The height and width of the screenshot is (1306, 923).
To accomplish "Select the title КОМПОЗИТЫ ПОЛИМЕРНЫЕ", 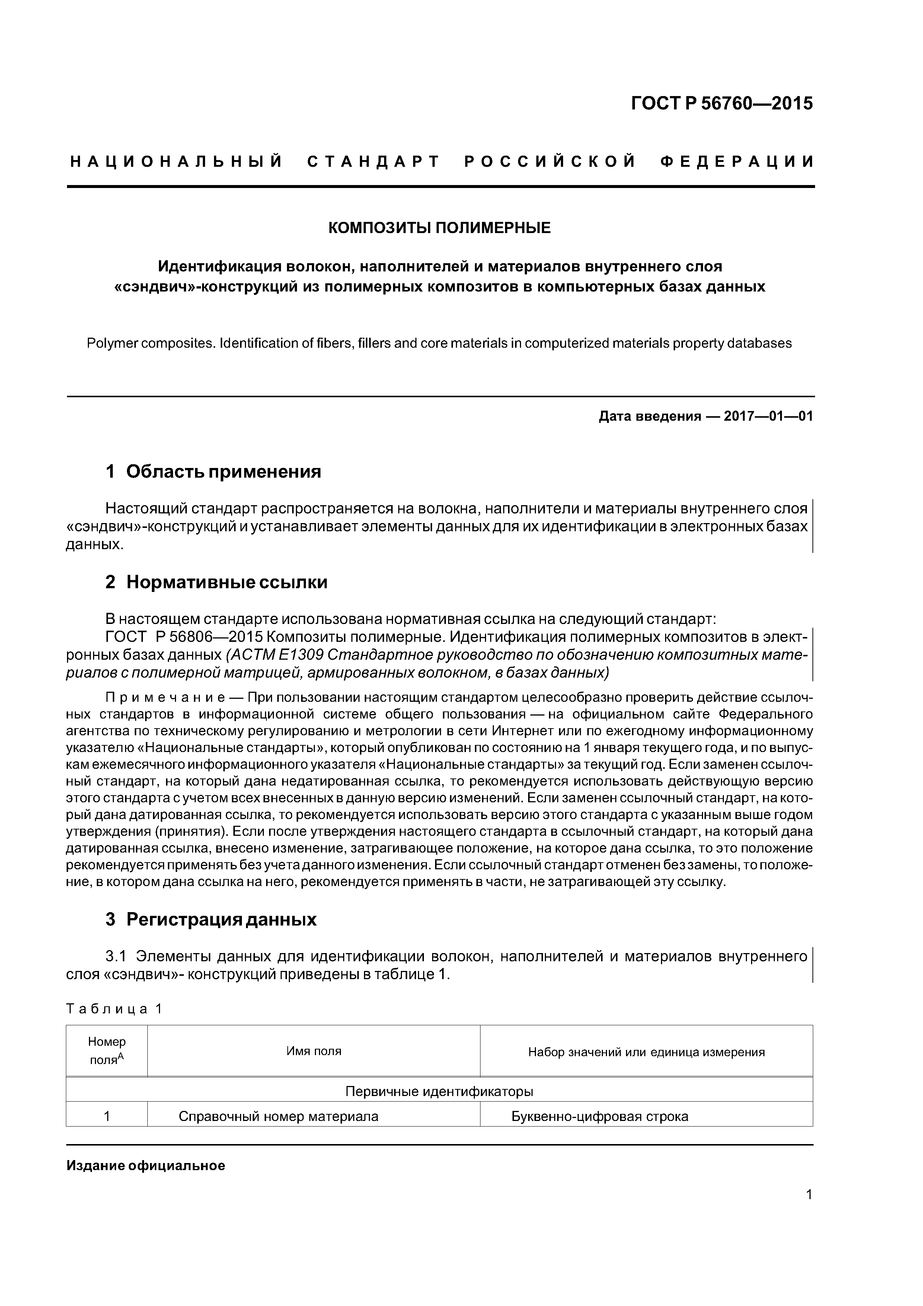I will (440, 228).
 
